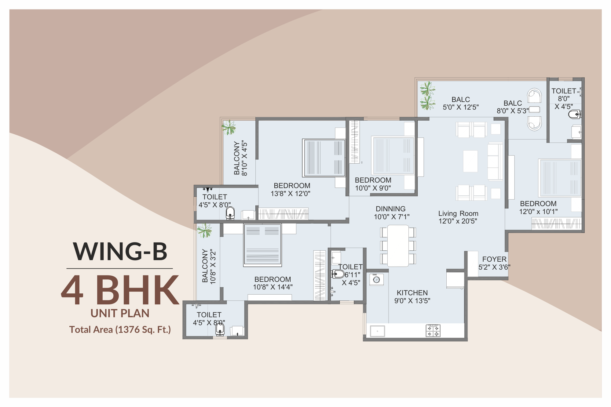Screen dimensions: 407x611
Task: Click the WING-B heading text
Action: (120, 252)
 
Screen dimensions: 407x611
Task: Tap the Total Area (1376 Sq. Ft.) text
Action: (120, 330)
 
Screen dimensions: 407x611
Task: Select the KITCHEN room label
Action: (412, 293)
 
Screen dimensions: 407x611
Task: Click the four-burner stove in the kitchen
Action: (433, 331)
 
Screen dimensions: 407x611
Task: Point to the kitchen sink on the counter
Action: (377, 331)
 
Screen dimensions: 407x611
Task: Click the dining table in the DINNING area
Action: (398, 246)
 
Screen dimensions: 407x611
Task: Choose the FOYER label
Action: (494, 259)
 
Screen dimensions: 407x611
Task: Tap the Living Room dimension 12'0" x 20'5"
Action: (458, 221)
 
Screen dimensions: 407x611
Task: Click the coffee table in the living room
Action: (470, 161)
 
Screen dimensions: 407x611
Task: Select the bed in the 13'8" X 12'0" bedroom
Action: (324, 158)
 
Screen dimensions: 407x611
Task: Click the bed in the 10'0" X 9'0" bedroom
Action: (393, 156)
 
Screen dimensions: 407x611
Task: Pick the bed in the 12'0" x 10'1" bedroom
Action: (560, 178)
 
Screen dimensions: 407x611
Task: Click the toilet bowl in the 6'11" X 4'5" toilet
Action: (338, 274)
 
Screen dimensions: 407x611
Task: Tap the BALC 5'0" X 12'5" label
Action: (461, 103)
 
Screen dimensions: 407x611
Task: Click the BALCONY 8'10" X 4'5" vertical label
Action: (240, 158)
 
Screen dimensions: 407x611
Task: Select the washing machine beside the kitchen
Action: (376, 279)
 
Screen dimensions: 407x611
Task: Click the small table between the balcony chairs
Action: (535, 109)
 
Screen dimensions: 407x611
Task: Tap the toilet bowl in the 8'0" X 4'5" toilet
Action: (574, 115)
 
